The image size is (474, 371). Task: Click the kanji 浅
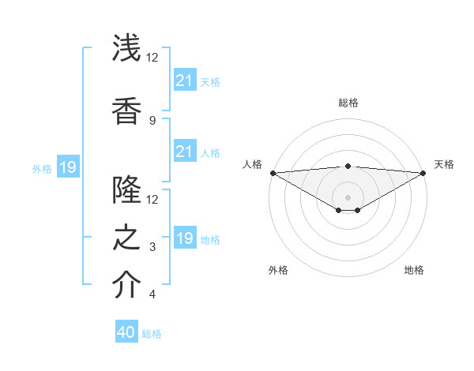point(127,48)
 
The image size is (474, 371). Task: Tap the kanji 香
point(127,110)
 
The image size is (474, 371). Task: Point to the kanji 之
point(127,238)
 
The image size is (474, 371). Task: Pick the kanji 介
point(127,285)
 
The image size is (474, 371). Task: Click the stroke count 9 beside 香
point(152,120)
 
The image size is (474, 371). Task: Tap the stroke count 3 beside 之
point(152,247)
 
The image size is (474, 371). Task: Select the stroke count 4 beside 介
point(152,294)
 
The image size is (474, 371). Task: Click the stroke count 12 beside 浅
point(152,58)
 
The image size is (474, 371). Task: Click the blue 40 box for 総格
point(126,332)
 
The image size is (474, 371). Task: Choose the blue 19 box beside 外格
point(67,167)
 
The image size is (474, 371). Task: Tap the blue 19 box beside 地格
point(184,238)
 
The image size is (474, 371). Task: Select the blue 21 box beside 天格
point(184,80)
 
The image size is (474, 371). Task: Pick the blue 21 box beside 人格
point(184,152)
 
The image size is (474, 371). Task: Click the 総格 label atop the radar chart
point(348,103)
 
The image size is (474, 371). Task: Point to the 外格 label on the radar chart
point(278,270)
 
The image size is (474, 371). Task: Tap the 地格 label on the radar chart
point(414,270)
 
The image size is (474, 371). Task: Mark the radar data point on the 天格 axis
point(423,172)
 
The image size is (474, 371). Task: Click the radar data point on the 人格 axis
point(273,172)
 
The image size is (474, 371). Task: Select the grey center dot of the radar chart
point(348,196)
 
